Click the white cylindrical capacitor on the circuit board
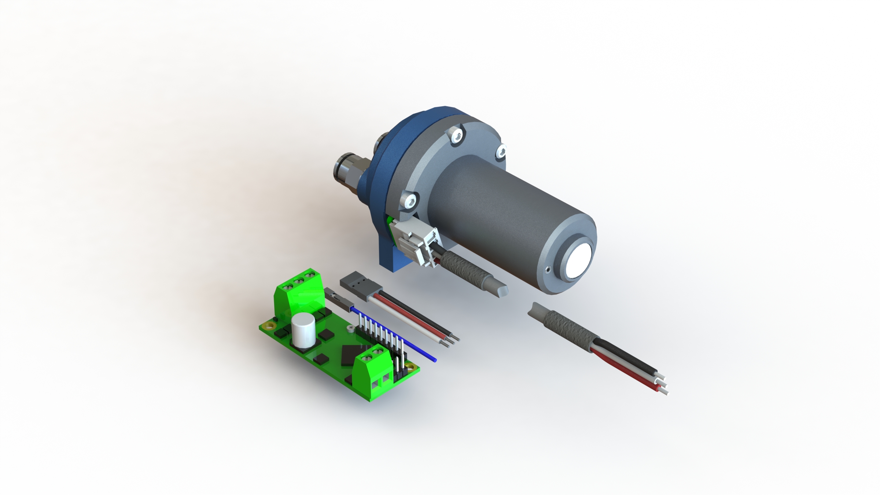[304, 330]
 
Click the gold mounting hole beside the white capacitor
[272, 325]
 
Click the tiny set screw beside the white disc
[547, 270]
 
